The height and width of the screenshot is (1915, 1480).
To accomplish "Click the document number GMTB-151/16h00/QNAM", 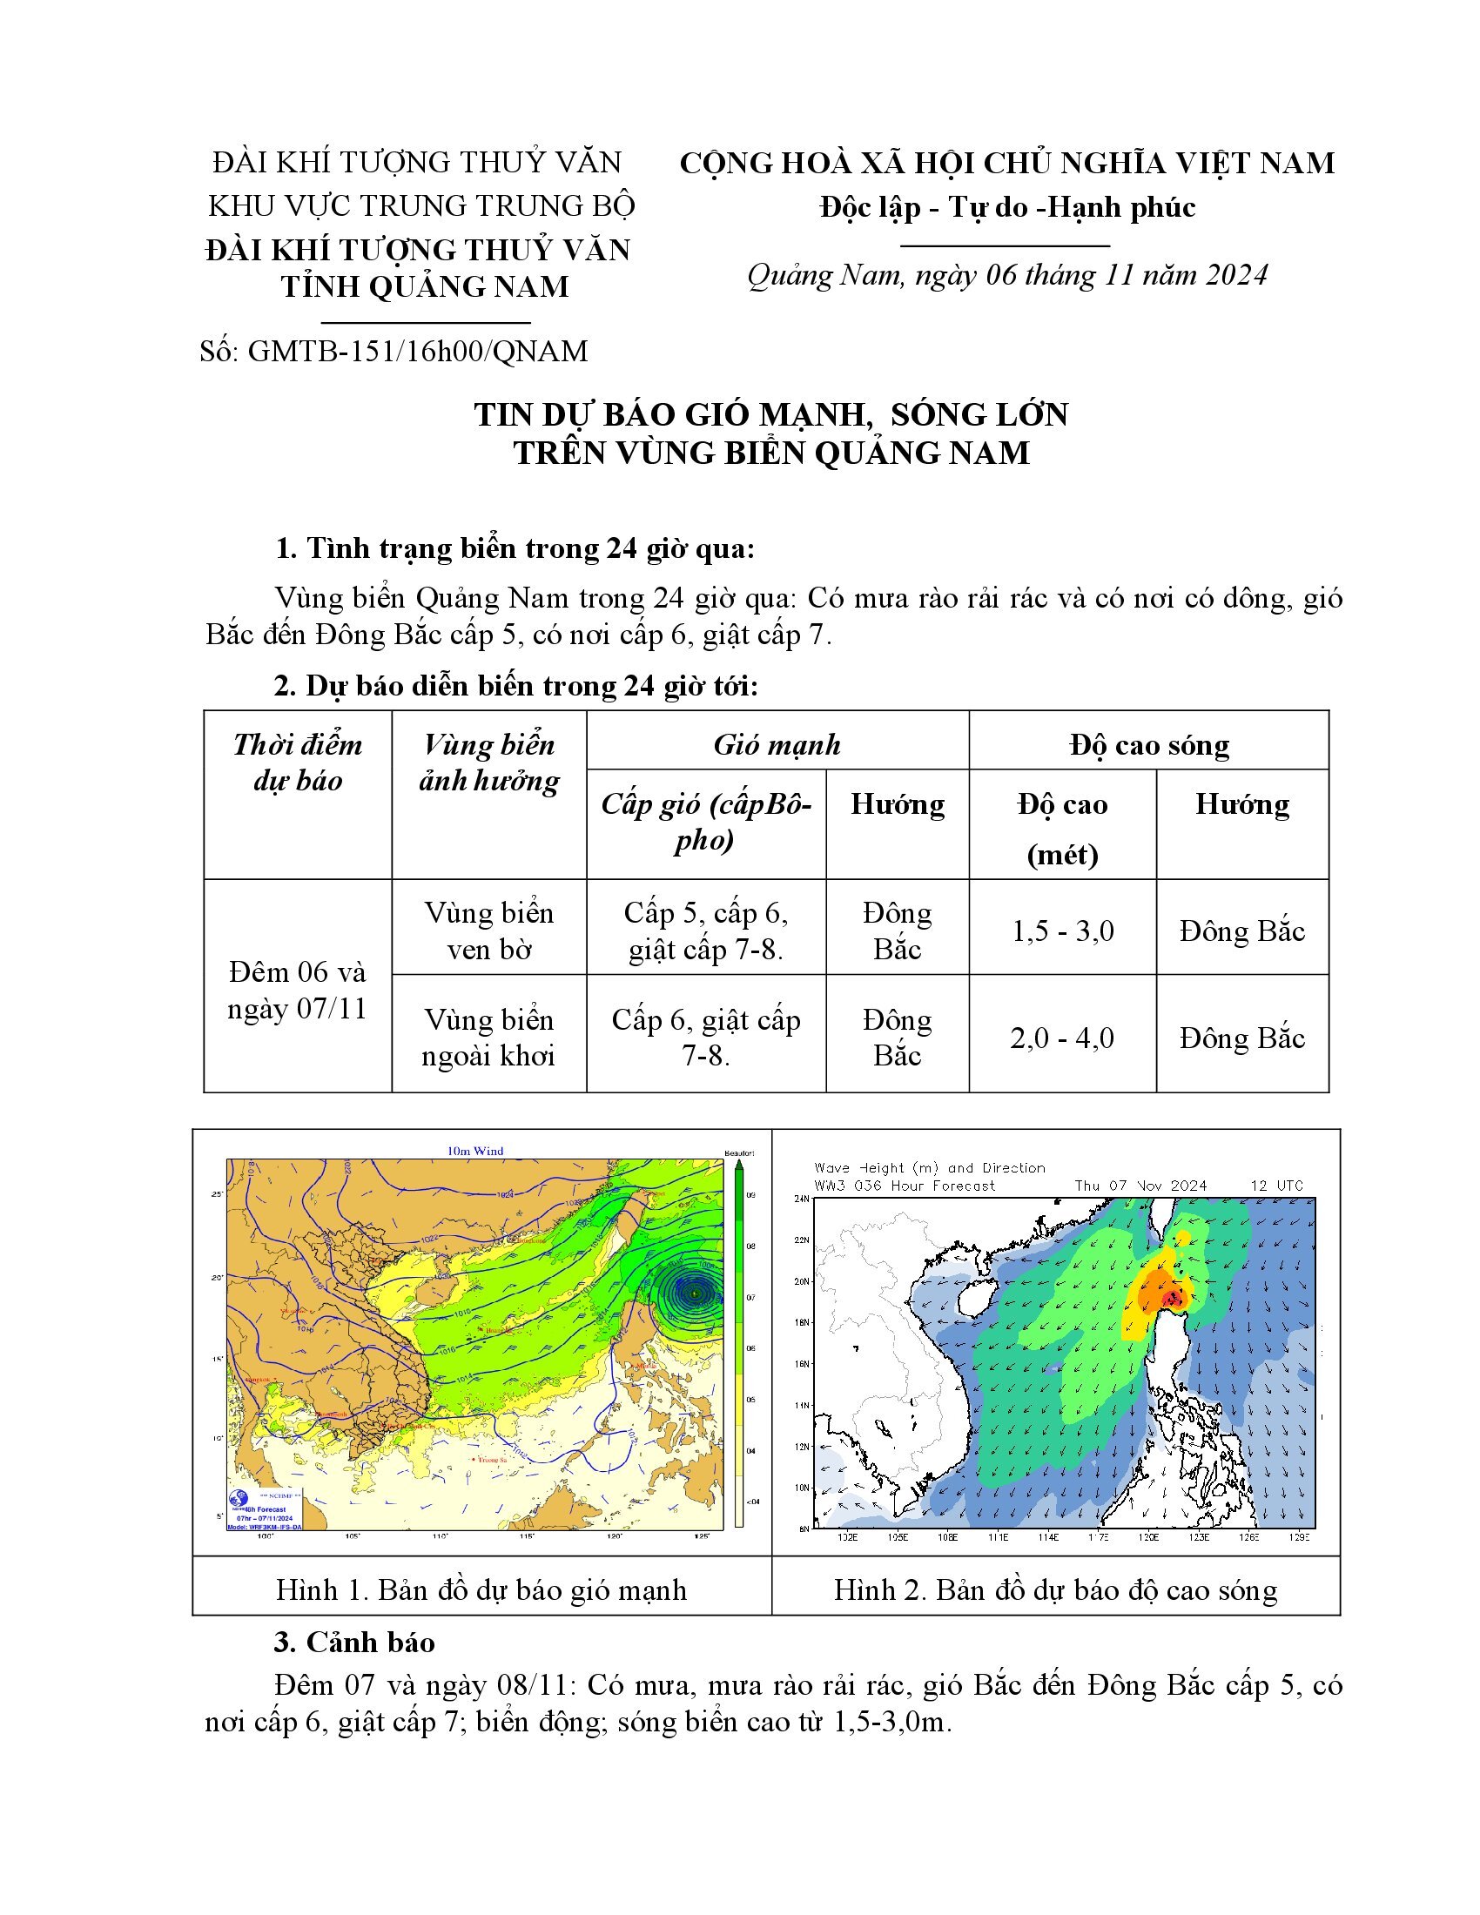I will [394, 351].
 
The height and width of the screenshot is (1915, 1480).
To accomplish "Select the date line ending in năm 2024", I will [1006, 275].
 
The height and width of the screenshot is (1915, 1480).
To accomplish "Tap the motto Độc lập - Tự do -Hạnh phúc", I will [1007, 207].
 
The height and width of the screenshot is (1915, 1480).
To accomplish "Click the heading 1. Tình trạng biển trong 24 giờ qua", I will [515, 549].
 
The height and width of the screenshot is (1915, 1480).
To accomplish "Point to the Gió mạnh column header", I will [777, 744].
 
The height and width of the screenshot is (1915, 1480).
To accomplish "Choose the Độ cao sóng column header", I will [1148, 744].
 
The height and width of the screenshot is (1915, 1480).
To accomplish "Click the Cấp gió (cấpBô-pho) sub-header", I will [706, 822].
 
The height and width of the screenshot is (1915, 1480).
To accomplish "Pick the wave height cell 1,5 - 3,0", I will [1063, 931].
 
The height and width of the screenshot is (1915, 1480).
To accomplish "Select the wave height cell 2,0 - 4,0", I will [1063, 1038].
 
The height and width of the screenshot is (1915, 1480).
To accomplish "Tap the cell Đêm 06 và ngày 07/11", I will [297, 990].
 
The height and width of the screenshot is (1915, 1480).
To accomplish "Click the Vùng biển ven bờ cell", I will [489, 931].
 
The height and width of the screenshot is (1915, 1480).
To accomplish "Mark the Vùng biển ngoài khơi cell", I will [489, 1038].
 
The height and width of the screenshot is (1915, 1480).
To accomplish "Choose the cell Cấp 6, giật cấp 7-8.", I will [706, 1038].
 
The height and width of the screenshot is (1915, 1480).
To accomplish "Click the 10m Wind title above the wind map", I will [475, 1152].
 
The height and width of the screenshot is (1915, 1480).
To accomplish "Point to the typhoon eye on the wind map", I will [695, 1293].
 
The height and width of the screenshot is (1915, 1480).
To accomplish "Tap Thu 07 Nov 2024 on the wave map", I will [1140, 1186].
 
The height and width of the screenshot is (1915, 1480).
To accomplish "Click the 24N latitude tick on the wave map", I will [801, 1199].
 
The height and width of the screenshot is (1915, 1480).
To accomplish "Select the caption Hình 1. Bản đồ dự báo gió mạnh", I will [481, 1589].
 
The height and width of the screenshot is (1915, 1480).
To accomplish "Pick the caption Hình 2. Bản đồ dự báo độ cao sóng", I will [1056, 1589].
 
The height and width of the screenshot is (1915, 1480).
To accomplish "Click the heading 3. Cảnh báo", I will [354, 1642].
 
